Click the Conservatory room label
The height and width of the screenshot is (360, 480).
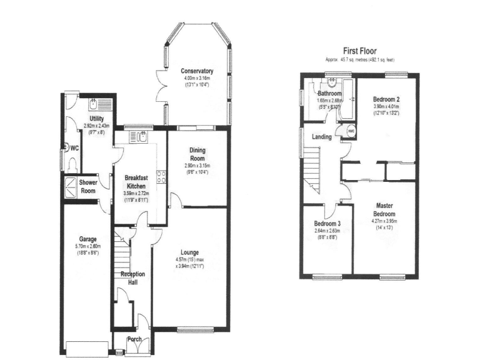[197, 71]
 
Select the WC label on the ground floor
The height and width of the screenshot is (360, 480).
[74, 149]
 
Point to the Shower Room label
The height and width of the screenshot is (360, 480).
[87, 186]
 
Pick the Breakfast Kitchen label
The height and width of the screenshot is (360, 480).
[136, 182]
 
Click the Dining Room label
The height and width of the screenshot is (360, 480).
[197, 154]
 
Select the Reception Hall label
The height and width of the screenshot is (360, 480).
[132, 278]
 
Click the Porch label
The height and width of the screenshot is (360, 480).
[134, 340]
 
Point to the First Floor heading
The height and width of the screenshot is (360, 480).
[359, 51]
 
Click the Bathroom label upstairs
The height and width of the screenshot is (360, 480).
[328, 94]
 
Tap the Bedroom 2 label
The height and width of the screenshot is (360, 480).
[386, 99]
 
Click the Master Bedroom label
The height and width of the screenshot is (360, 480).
[384, 209]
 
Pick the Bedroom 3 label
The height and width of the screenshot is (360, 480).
[327, 224]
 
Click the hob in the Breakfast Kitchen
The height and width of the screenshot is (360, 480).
[161, 177]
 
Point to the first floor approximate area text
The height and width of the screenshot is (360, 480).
[359, 60]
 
